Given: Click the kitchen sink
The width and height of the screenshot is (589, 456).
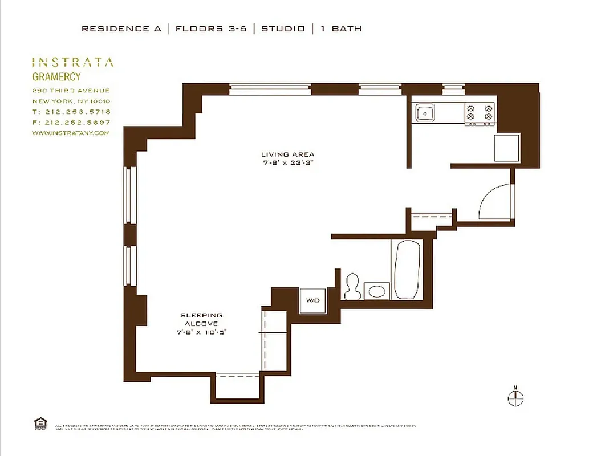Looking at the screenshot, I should tap(425, 113).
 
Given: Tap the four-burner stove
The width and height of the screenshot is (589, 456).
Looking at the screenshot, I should tap(480, 113).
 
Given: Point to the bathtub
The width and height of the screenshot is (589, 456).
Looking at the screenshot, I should tap(407, 270).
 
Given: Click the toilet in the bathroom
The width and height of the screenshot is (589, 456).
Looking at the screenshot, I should tap(352, 287).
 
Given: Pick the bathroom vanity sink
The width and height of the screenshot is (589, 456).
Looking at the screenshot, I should tap(377, 291).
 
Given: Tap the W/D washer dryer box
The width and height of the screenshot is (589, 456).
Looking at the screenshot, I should tap(313, 300).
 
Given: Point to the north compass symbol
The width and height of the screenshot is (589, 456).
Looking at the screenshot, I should tap(515, 396).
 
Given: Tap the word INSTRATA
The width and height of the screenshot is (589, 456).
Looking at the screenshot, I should tap(72, 62).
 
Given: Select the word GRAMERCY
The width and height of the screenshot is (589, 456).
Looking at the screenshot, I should tap(56, 77).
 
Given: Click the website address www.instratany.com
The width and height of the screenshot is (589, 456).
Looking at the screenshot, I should tap(70, 133).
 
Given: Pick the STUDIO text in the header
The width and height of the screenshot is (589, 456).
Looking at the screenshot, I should tap(283, 28).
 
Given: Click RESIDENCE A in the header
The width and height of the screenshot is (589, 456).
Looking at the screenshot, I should tap(121, 28).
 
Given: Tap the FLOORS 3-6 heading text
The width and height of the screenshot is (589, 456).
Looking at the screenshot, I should tap(211, 28).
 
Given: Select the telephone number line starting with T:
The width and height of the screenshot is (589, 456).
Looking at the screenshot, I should tap(71, 112).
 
